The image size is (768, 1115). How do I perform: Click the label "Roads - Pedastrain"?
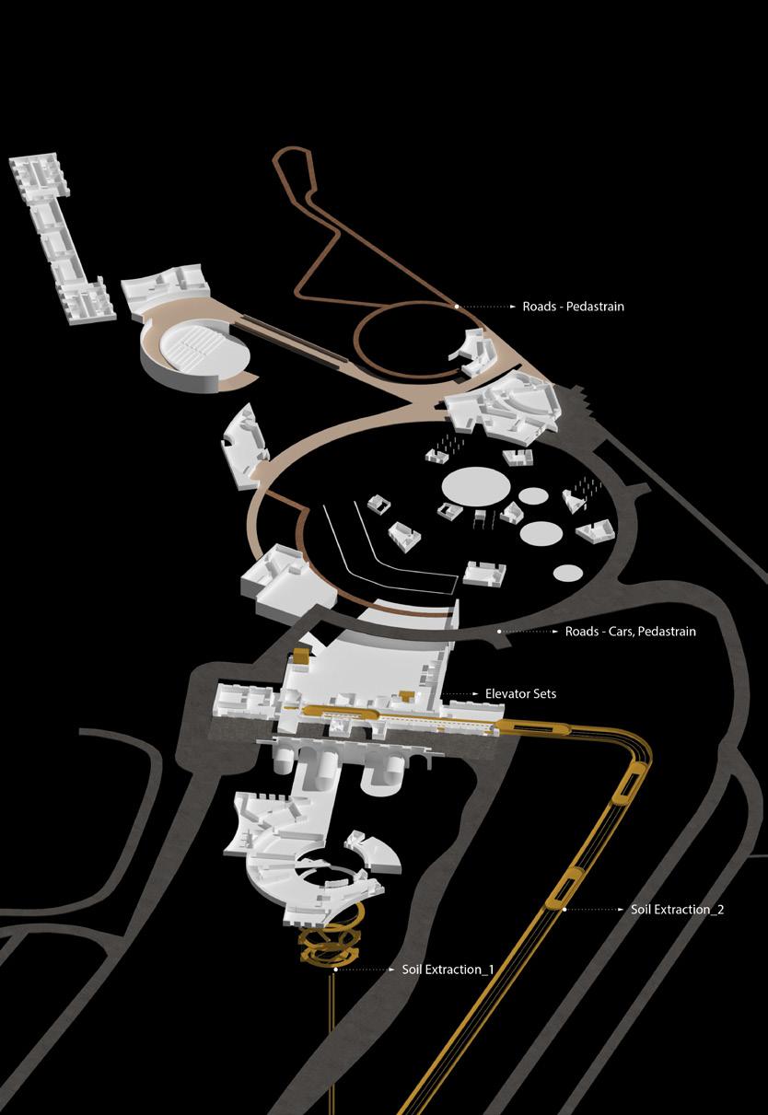(573, 307)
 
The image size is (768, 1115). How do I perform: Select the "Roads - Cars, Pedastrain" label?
(630, 632)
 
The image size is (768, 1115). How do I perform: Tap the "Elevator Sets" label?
(520, 692)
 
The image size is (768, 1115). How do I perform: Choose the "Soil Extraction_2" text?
(678, 910)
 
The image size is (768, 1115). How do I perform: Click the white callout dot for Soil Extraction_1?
(335, 970)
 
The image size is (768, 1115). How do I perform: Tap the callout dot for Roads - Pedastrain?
(456, 306)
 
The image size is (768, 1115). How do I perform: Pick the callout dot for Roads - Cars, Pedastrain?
(499, 632)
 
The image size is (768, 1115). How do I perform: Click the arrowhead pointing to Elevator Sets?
(476, 692)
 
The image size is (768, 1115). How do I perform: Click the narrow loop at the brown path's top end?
(299, 175)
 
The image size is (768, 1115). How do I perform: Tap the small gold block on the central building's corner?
(299, 657)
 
